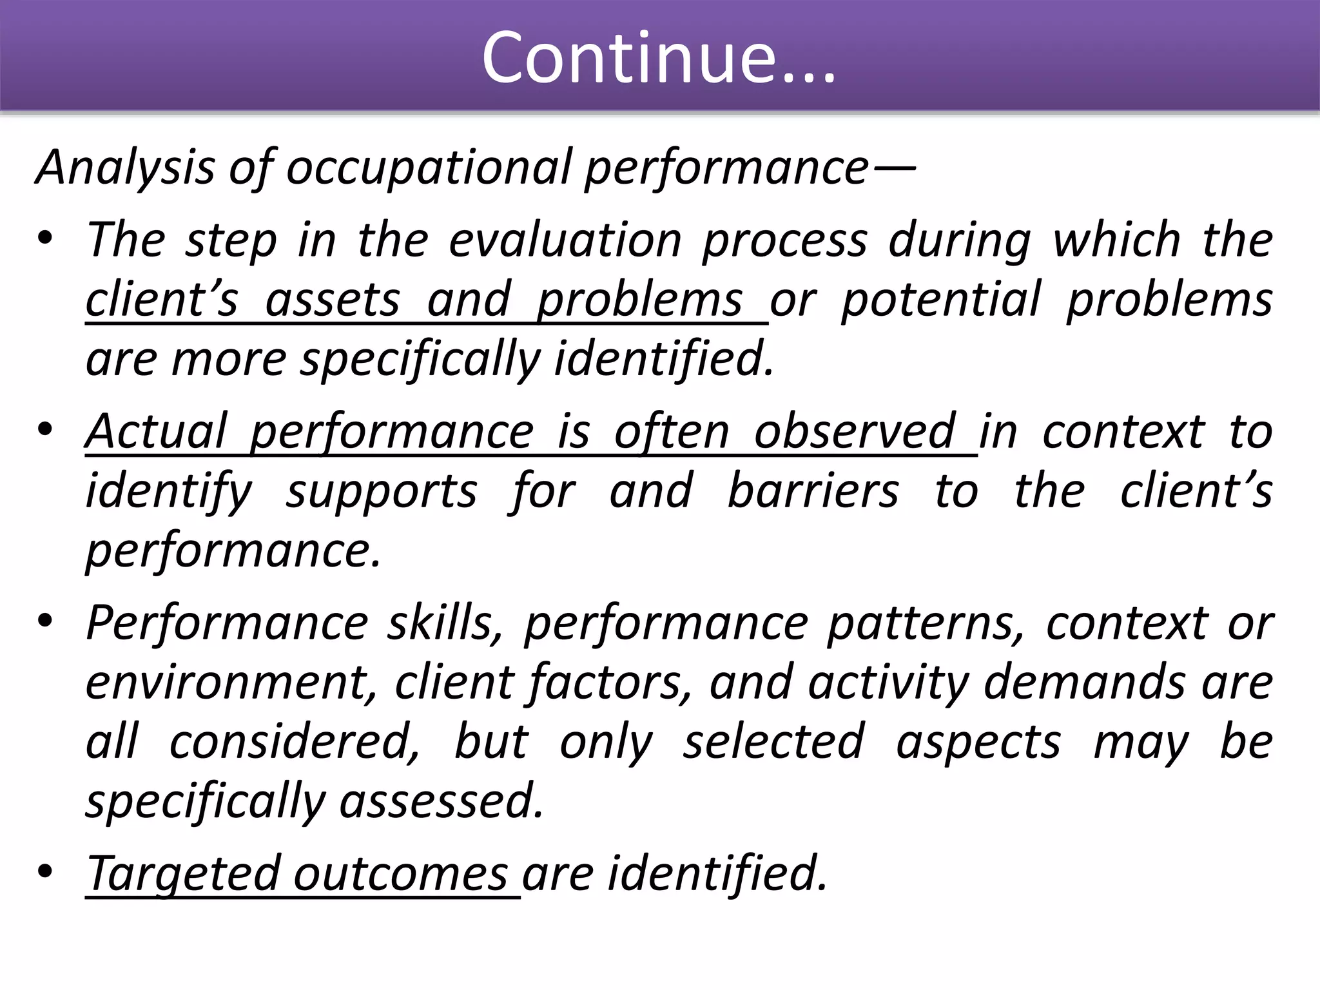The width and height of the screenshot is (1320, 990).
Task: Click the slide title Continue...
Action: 659,58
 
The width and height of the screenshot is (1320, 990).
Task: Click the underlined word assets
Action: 333,300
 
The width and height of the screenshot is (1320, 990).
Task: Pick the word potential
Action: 941,300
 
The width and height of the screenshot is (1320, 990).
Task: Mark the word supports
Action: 382,491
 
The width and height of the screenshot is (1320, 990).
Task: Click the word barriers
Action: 813,491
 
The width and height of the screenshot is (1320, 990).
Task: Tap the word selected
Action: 773,742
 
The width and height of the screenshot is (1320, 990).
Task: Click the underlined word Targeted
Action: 183,875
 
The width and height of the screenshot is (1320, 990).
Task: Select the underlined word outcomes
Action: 400,875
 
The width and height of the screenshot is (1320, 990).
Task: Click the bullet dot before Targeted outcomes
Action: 44,872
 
